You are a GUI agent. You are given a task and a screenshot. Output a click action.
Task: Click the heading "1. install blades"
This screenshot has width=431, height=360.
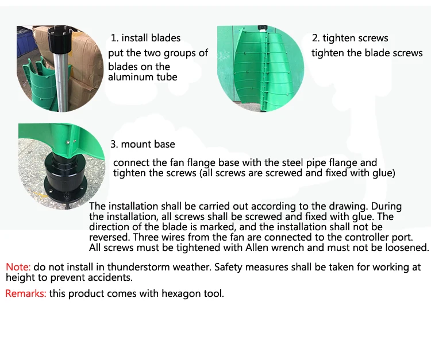click(x=146, y=38)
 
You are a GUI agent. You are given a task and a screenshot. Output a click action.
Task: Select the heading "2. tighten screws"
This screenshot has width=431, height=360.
click(x=350, y=38)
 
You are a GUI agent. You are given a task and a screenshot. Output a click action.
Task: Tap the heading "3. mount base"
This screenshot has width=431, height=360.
click(x=143, y=144)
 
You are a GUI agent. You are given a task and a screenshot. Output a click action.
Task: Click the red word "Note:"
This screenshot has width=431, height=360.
click(x=18, y=267)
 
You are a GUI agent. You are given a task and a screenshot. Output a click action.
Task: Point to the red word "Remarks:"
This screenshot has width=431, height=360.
click(x=26, y=293)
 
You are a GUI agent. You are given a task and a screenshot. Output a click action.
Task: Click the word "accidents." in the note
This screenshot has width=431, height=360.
click(x=110, y=277)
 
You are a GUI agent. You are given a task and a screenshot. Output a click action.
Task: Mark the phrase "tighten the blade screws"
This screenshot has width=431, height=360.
click(x=367, y=53)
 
